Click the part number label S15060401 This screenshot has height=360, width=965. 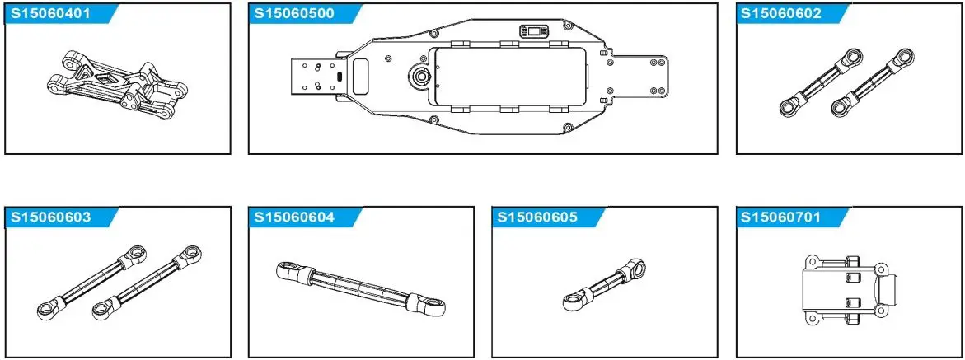49,14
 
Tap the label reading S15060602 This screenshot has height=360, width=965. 781,14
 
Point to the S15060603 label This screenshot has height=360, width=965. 49,217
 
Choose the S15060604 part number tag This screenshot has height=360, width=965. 294,217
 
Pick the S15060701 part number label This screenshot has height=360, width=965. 781,217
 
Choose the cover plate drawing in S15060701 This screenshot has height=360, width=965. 850,288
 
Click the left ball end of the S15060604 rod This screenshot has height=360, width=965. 286,269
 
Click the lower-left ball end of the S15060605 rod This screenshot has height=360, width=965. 570,302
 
